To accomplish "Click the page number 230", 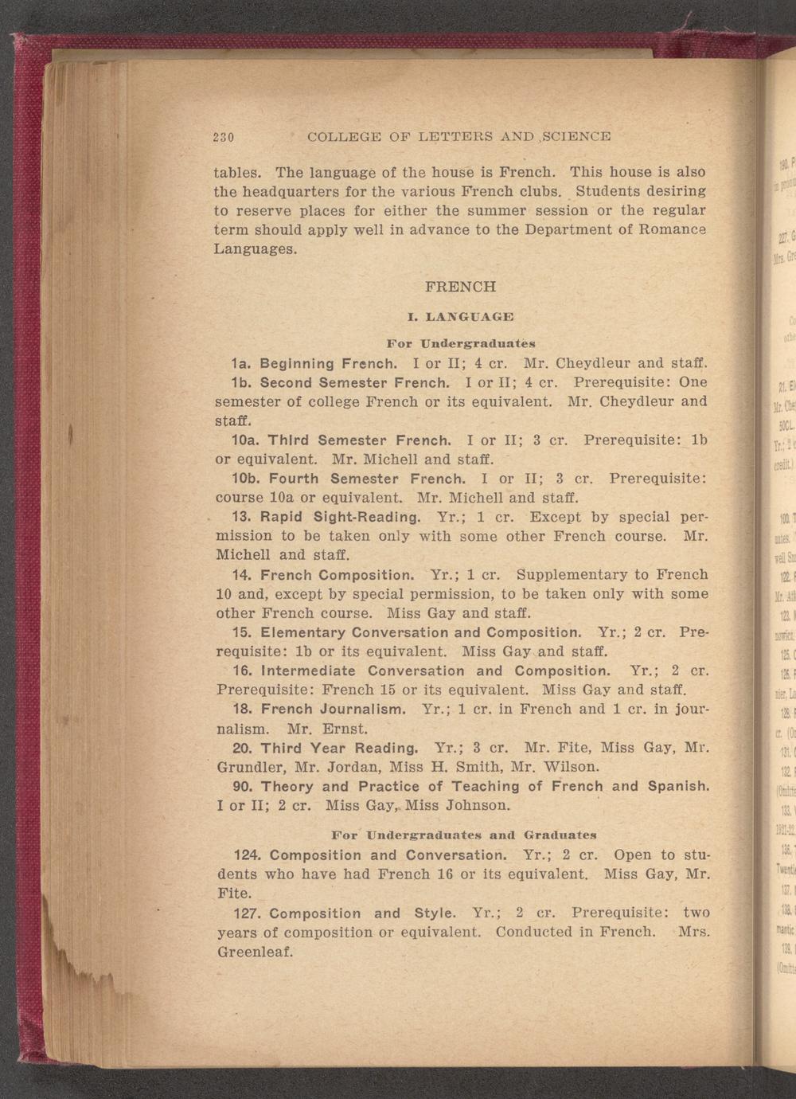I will click(x=222, y=136).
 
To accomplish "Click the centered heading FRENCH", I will click(x=461, y=286).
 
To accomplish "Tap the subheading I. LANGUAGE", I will click(x=460, y=318).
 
